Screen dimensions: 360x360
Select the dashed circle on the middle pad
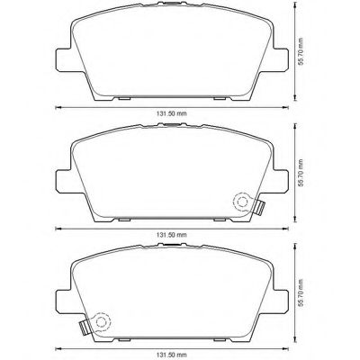tap(240, 203)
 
